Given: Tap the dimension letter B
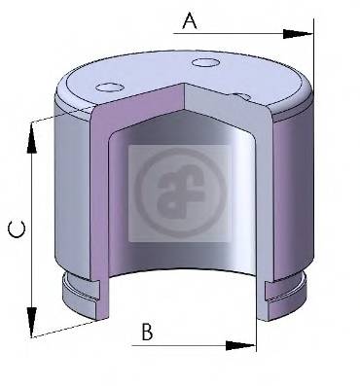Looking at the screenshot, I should click(147, 333).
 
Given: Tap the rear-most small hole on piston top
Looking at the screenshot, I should click(205, 65).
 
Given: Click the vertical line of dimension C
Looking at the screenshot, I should click(32, 228).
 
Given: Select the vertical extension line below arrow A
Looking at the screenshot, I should click(313, 68).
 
